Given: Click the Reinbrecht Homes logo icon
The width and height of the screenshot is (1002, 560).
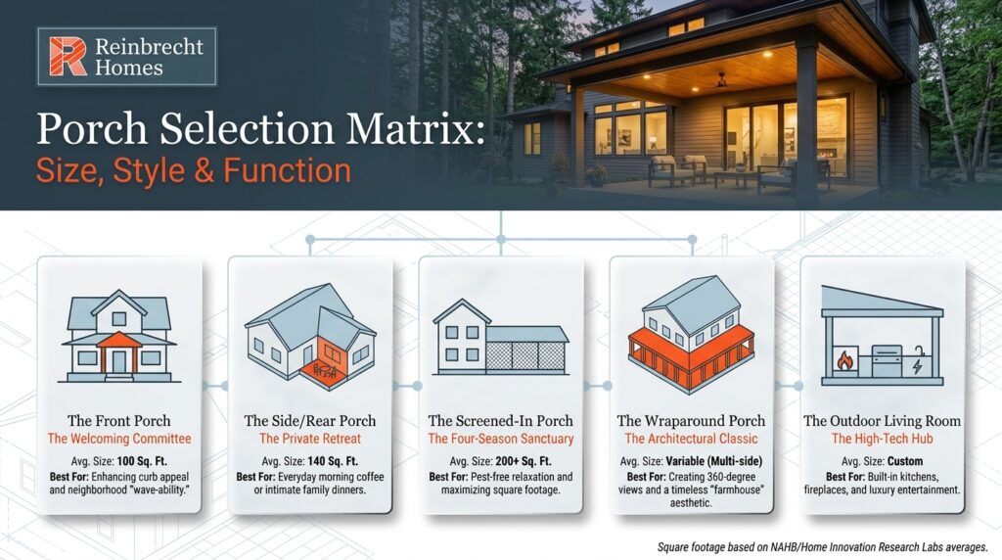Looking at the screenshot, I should [x=68, y=57].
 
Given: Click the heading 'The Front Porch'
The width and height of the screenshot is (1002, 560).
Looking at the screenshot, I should [x=119, y=421].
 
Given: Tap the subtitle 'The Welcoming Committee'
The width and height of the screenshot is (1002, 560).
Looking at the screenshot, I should [x=119, y=439].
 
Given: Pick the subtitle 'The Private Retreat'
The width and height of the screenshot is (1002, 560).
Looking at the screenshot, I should [x=310, y=439].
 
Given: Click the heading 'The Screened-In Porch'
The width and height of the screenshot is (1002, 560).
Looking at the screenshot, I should [x=500, y=421].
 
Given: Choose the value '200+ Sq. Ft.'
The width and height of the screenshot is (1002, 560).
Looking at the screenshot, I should [x=524, y=460].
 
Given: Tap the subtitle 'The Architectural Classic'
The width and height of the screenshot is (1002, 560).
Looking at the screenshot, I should [x=692, y=439].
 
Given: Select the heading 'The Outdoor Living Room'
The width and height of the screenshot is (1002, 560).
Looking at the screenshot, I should [x=882, y=421].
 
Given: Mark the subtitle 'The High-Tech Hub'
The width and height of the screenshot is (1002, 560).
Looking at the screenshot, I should [x=882, y=439].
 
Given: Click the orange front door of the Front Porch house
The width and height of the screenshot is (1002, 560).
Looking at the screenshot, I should [x=118, y=360].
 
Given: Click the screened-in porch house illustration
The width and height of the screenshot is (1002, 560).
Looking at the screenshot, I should [x=500, y=338].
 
